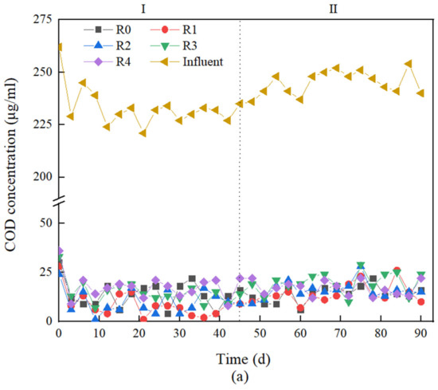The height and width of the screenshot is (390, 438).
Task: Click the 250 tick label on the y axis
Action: coord(40,72)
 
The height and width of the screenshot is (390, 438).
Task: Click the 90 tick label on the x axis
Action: coord(421,332)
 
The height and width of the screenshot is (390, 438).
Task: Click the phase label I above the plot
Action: coord(143,10)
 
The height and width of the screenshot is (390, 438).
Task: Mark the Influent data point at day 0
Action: coord(59,47)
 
